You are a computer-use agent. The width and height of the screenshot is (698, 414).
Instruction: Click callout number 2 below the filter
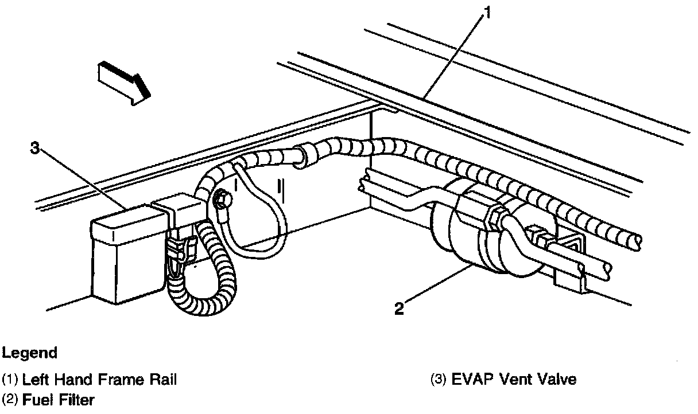[400, 308]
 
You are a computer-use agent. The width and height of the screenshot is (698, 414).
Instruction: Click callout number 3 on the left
[36, 149]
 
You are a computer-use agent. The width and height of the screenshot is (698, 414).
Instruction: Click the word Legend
[29, 353]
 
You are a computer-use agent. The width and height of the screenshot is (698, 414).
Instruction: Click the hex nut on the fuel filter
[493, 218]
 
